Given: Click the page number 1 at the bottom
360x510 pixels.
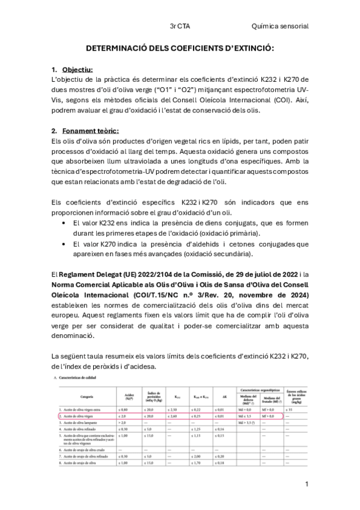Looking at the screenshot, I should [x=307, y=484].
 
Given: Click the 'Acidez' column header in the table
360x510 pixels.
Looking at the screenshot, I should [x=127, y=396].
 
